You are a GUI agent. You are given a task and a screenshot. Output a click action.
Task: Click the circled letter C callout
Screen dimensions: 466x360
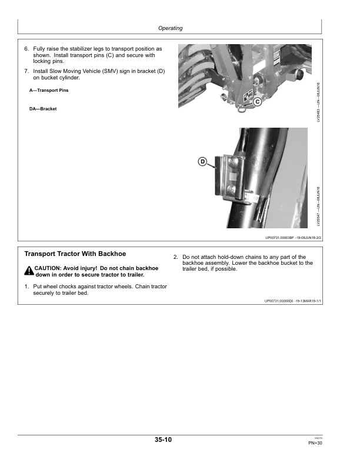click(257, 102)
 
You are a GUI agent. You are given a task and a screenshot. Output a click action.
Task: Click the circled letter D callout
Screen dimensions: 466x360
click(202, 161)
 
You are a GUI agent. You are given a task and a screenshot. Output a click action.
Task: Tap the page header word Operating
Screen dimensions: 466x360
click(171, 28)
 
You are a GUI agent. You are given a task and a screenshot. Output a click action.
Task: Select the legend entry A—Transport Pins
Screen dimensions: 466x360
click(49, 90)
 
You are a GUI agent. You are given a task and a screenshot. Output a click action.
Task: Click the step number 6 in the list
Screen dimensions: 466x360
click(26, 48)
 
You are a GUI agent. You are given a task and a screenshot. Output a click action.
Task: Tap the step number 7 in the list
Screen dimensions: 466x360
click(26, 71)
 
